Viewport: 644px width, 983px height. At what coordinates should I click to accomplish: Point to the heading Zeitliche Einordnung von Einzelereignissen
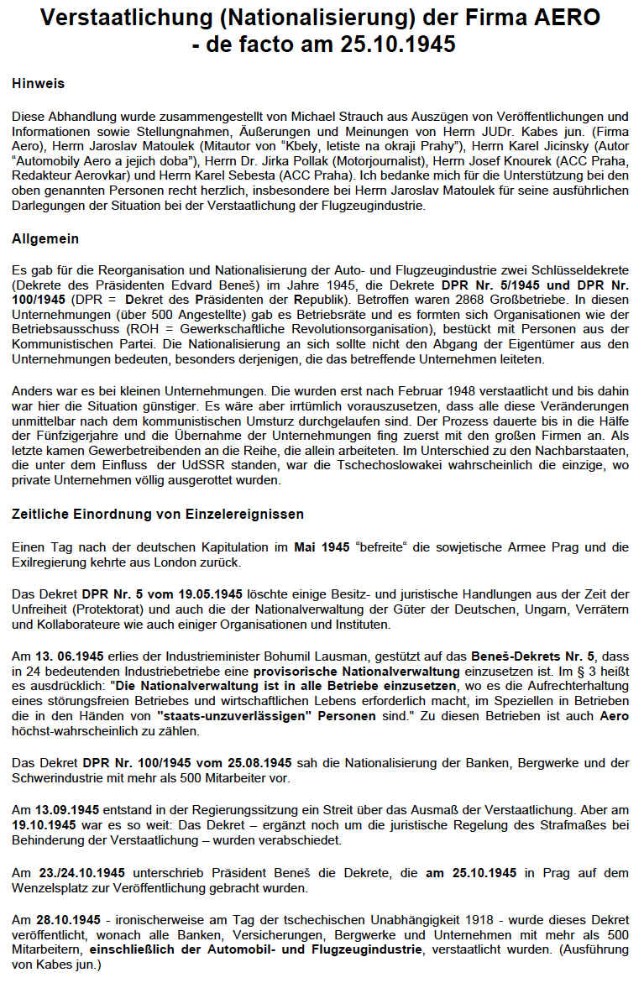pos(159,514)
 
